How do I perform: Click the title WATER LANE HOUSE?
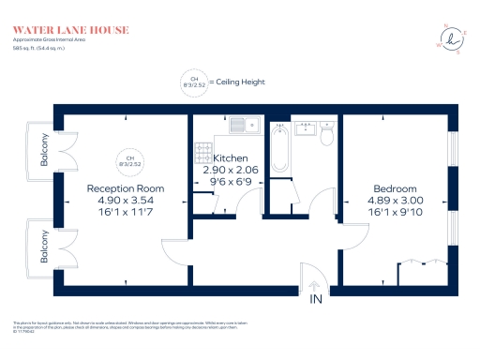coord(71,30)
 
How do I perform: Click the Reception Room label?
coord(120,187)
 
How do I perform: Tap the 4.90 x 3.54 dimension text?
coord(120,200)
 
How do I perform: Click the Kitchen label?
coord(230,158)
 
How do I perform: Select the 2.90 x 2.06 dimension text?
coord(230,170)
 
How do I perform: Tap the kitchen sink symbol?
coord(247,123)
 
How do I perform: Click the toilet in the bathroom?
coord(326,136)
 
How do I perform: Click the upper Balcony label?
coord(44,148)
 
